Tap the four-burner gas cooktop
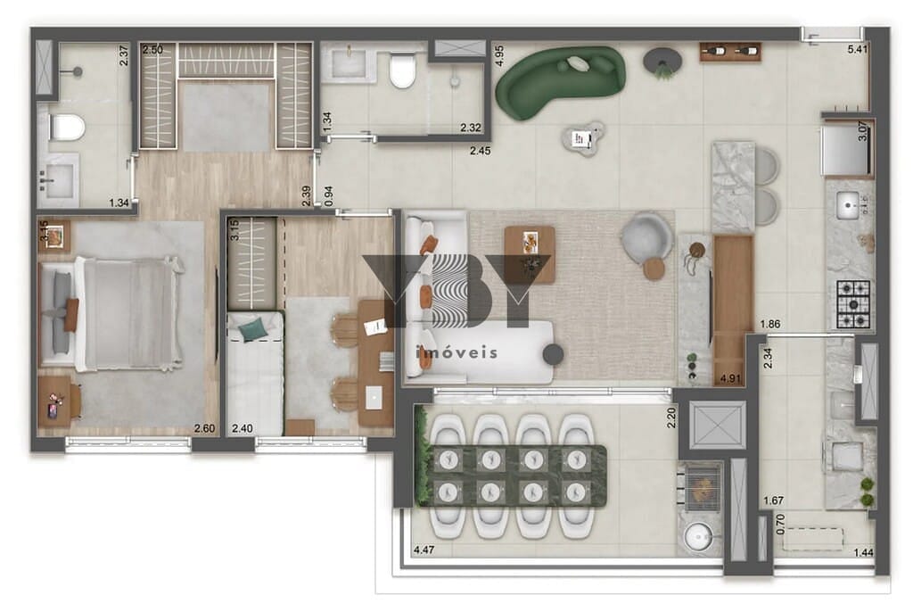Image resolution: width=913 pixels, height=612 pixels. point(852,302)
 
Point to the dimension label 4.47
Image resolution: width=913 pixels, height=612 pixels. point(426,550)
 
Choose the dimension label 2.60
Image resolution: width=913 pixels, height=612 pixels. point(205,429)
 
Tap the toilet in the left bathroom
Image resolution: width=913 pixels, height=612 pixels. point(67,128)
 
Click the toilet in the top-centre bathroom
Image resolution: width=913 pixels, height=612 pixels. point(403,71)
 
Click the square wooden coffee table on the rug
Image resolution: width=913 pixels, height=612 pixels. point(530,253)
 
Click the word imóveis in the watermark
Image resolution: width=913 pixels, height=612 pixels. point(457,352)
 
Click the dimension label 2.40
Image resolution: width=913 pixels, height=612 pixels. point(242,429)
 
